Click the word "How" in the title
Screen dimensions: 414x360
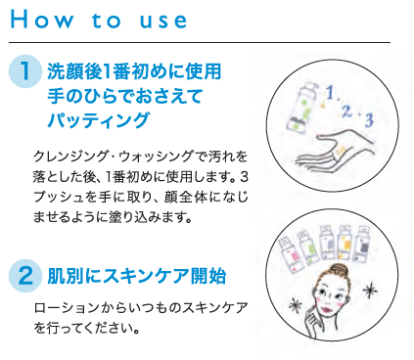point(42,20)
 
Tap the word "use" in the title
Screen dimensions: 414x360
point(163,21)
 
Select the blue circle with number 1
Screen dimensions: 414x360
point(25,71)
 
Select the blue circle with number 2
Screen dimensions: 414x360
point(25,276)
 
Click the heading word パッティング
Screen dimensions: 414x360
point(99,119)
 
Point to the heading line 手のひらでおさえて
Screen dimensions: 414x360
point(125,96)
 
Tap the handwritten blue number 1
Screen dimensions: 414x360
point(330,93)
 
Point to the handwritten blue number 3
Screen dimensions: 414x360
point(369,120)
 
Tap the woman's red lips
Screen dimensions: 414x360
point(327,308)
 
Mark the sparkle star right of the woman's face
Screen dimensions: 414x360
point(370,292)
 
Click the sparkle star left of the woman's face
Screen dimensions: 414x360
point(296,306)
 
